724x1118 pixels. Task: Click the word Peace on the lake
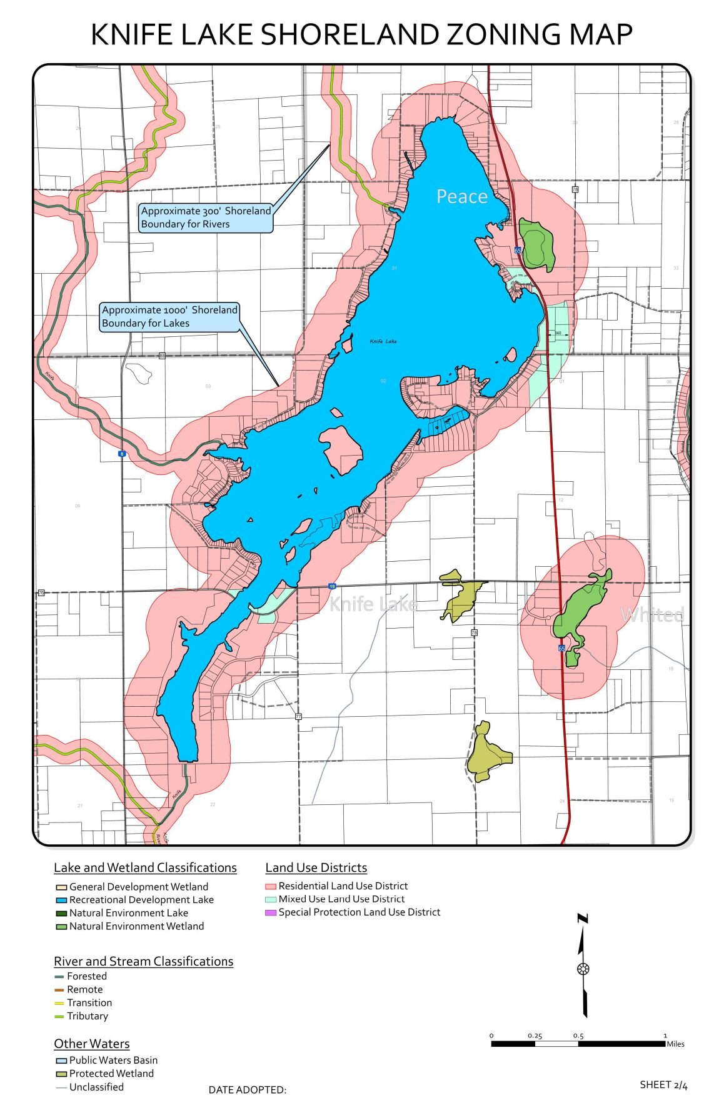[x=461, y=196]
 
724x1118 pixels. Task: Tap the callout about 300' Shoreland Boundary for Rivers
[x=206, y=217]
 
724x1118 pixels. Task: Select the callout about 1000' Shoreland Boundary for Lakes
[x=169, y=316]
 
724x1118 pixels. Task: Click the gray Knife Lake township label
[x=373, y=604]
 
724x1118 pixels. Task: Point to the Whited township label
[x=652, y=615]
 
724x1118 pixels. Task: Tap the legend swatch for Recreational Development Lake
[x=61, y=900]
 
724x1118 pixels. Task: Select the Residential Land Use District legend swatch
[x=270, y=886]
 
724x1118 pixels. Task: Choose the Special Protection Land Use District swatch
[x=270, y=912]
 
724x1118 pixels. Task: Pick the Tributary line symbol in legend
[x=59, y=1016]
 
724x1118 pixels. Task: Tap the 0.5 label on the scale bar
[x=578, y=1036]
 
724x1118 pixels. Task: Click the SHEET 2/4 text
[x=663, y=1084]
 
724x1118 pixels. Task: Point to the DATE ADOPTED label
[x=247, y=1090]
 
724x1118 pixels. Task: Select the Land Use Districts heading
[x=316, y=867]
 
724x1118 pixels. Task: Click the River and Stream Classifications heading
[x=143, y=961]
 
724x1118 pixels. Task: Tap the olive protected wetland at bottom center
[x=488, y=753]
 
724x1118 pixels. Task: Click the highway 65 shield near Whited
[x=561, y=649]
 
